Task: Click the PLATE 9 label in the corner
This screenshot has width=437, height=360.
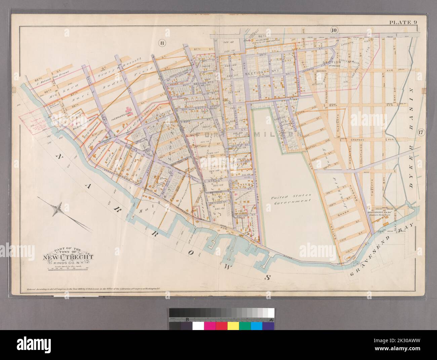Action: coord(403,23)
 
